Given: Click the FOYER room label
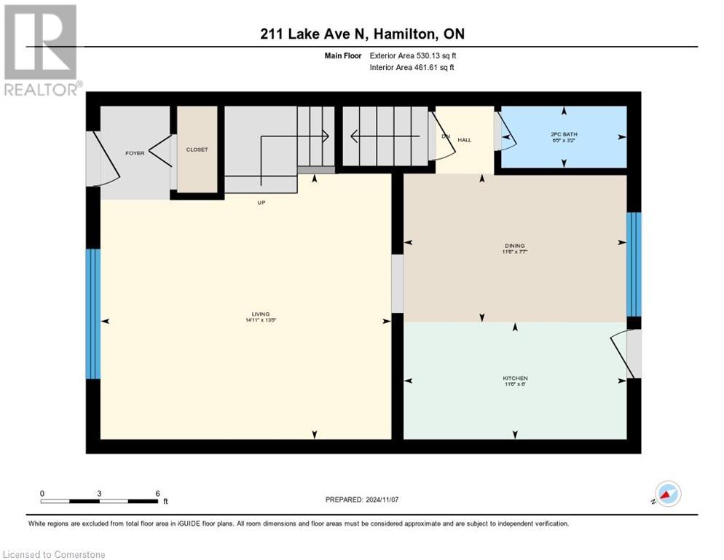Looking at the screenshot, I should [135, 153].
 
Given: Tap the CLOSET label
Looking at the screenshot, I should [197, 149].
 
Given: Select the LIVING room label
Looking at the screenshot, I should [251, 314].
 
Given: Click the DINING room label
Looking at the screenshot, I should [514, 246].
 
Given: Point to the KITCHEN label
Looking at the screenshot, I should [515, 378].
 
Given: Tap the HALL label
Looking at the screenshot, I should [465, 139].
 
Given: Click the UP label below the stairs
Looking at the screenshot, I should [261, 203].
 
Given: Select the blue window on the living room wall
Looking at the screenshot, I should [93, 314].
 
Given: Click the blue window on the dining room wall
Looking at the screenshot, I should [634, 264].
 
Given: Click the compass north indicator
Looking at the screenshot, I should [667, 494].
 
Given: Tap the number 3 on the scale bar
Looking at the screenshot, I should [99, 493].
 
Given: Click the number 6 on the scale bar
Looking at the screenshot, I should [157, 493].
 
